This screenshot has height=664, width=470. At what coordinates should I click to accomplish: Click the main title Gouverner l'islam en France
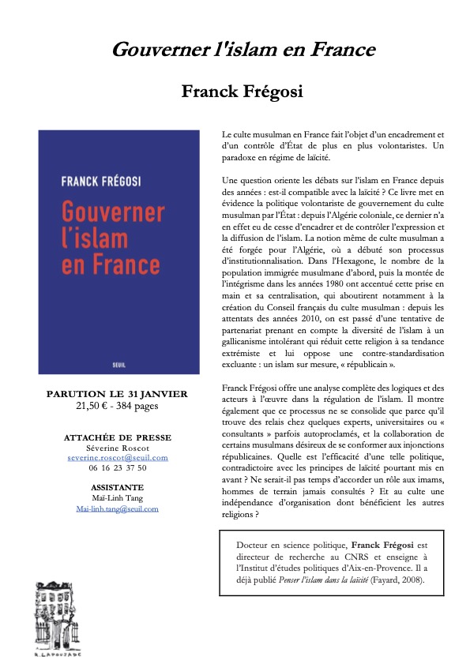point(243,51)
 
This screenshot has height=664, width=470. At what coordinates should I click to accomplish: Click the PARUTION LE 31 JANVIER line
point(117,394)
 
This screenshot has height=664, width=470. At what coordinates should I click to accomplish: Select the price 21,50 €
point(93,406)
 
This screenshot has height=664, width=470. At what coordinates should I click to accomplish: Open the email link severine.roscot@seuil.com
point(117,457)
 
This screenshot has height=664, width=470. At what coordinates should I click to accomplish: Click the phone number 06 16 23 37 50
point(117,467)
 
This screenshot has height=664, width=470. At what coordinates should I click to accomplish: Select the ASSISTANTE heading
point(117,488)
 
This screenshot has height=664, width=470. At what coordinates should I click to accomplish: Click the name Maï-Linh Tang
point(117,498)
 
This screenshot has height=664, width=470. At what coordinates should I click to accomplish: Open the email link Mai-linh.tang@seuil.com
point(117,508)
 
